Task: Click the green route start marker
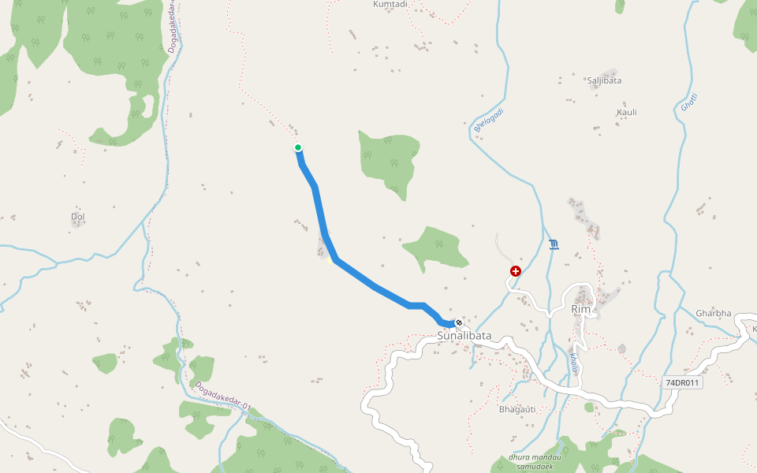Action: pos(298,147)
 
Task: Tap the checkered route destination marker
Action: pos(458,322)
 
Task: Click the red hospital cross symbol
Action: pos(516,271)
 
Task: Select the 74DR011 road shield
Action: pos(682,383)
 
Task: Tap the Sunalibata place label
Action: pos(464,336)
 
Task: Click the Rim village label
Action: pos(580,310)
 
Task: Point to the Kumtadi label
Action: pos(390,5)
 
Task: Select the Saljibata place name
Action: pos(604,80)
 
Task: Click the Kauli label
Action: pos(627,112)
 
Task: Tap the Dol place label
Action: pos(77,216)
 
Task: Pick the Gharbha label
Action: pos(714,313)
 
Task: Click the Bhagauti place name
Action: pos(517,409)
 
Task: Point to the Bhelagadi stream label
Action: pos(489,120)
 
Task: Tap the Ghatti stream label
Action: pos(689,102)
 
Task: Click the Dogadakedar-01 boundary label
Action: pos(222,397)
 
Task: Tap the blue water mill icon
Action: pos(554,245)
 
